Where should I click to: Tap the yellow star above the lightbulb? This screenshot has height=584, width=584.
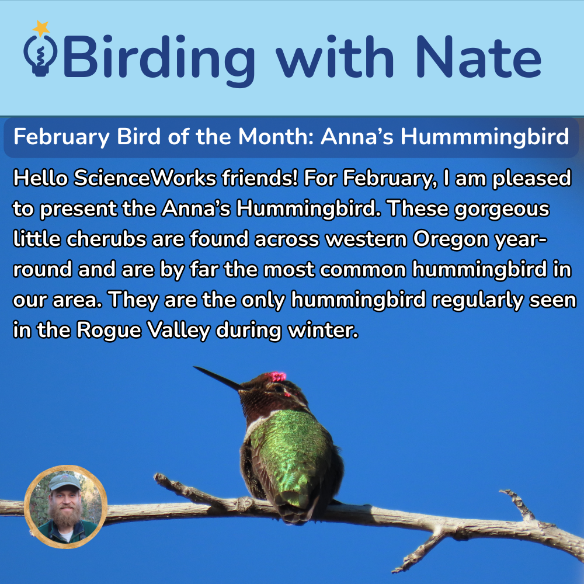pos(41,27)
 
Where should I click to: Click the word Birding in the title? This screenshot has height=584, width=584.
pos(158,57)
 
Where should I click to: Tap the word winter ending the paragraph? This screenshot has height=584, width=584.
pos(322,331)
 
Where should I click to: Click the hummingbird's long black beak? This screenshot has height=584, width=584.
pos(217,377)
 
